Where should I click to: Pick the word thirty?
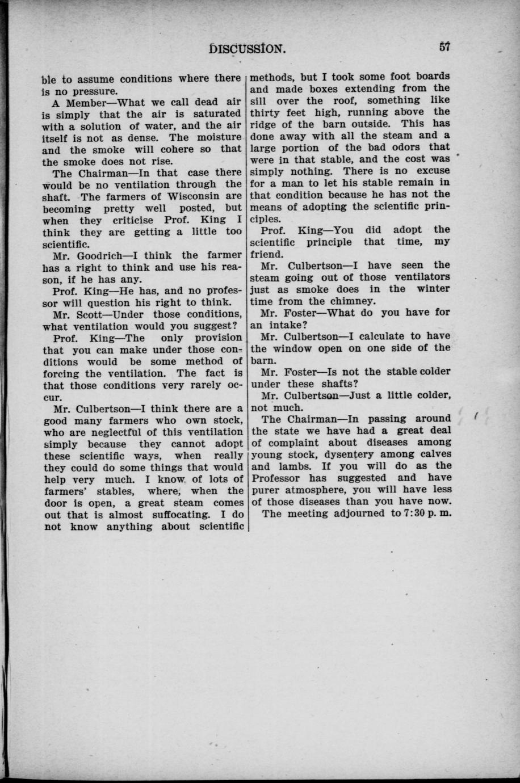(269, 112)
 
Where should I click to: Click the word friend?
(270, 254)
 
